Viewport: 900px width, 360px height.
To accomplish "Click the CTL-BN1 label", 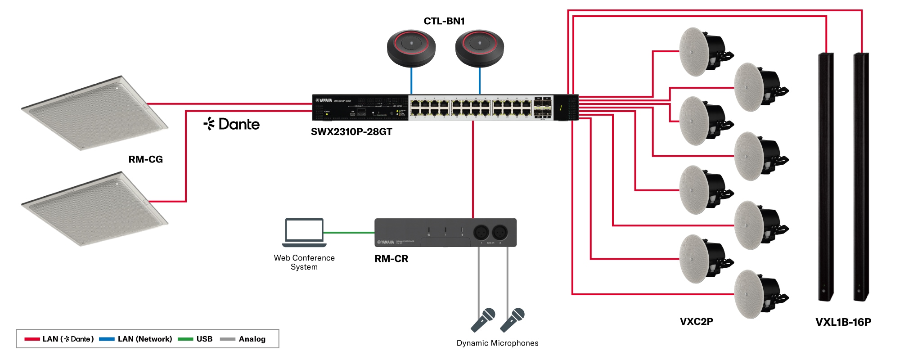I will (444, 21).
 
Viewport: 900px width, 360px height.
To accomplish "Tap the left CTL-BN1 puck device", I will (411, 48).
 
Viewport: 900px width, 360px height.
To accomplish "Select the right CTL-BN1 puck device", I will (479, 48).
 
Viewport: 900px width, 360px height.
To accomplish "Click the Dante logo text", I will (232, 124).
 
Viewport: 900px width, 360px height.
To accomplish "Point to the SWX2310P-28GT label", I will (351, 132).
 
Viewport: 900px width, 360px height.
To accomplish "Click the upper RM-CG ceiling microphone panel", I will (94, 112).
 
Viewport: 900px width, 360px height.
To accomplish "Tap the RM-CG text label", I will (145, 159).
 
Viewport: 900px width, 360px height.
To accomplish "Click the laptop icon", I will (304, 232).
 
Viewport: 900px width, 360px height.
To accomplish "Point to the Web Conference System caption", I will (304, 262).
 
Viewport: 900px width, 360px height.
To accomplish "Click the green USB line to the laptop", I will (349, 233).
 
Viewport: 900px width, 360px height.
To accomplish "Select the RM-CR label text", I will (391, 259).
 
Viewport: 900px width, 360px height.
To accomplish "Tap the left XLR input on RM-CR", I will (481, 232).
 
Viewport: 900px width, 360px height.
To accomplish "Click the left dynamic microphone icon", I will (483, 319).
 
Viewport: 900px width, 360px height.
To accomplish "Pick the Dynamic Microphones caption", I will (497, 343).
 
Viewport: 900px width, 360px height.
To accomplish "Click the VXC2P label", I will (696, 321).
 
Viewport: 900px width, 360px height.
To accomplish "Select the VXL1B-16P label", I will (843, 322).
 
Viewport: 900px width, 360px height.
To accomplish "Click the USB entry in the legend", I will (204, 339).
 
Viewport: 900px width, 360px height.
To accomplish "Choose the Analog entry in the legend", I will (252, 339).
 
